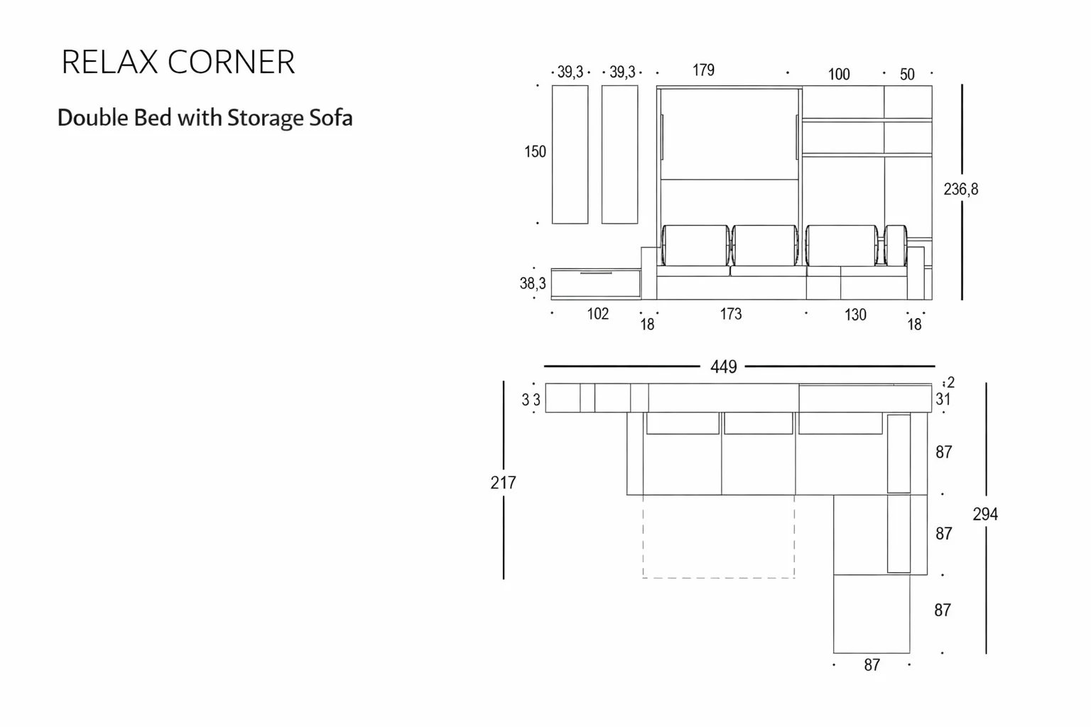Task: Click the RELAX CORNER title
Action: (178, 62)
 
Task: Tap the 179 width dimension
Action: (703, 70)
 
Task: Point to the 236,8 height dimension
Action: (960, 189)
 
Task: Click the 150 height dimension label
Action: (535, 152)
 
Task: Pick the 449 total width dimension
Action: (723, 366)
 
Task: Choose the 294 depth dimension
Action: (985, 514)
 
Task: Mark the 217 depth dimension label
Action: (503, 483)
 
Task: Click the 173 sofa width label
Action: (731, 314)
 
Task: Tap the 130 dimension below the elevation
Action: (855, 315)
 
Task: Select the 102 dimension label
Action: (597, 314)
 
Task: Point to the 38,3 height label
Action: (533, 283)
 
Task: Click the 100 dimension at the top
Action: (839, 75)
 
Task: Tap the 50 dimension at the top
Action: (907, 75)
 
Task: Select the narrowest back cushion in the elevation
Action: (896, 246)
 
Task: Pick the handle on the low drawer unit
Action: (596, 273)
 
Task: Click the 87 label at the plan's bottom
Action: (872, 665)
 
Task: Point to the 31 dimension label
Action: (943, 399)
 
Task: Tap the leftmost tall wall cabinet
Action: (570, 155)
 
